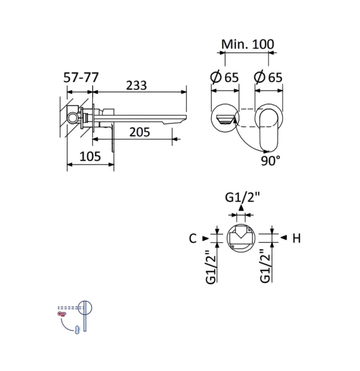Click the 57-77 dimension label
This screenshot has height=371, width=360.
pos(81,77)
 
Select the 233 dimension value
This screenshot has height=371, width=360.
pos(136,85)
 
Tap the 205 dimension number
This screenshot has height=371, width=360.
pos(140,132)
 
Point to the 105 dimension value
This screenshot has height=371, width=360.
pos(90,156)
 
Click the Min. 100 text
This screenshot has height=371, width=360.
pos(248,44)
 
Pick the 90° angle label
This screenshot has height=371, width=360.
pos(270,161)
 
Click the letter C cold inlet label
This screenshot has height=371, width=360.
pos(193,238)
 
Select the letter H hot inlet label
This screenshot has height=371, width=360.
pos(296,238)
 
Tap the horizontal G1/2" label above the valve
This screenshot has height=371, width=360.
pos(242,197)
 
